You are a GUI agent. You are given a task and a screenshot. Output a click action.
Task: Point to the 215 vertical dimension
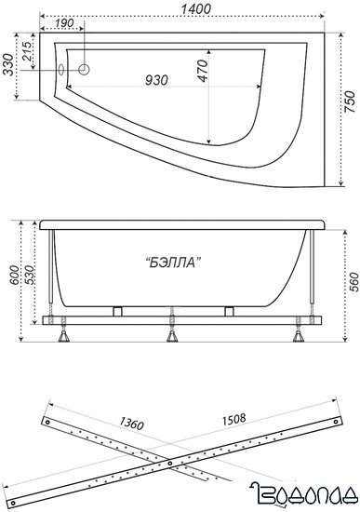(x=27, y=53)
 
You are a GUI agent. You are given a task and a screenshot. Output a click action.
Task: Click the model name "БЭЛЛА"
(x=174, y=263)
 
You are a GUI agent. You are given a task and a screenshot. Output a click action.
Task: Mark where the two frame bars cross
(x=169, y=463)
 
